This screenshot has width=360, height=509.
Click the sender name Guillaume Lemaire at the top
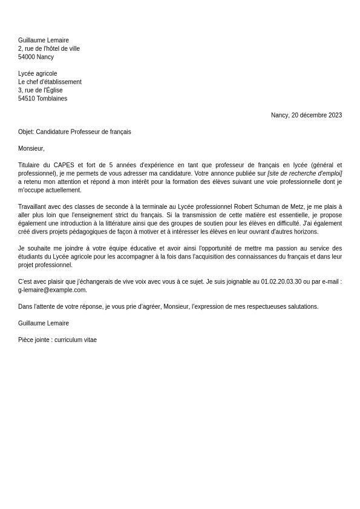pos(44,41)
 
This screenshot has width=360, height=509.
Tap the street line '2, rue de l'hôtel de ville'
pos(49,49)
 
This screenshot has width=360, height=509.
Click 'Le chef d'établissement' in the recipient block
pos(50,82)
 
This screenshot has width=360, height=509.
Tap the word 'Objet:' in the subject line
pos(26,132)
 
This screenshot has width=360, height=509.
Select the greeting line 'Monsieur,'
pos(31,148)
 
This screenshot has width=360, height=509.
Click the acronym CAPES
pos(64,165)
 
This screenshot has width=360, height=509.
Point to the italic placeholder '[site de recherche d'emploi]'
pos(304,174)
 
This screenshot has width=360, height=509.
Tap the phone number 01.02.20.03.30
pos(281,281)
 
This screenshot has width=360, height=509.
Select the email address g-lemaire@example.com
pos(52,290)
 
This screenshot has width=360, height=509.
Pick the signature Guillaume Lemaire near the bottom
pos(44,323)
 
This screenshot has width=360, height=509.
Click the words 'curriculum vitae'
pos(76,340)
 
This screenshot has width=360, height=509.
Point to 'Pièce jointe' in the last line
pos(33,340)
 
